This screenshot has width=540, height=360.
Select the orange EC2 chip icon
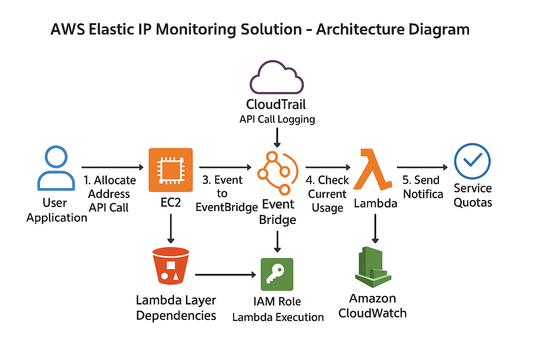click(x=171, y=170)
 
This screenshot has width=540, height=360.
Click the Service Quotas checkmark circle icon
click(x=472, y=161)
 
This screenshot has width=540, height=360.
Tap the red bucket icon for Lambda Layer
click(x=171, y=266)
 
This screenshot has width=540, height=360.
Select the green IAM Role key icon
click(x=277, y=274)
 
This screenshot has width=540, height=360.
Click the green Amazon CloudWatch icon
click(x=373, y=267)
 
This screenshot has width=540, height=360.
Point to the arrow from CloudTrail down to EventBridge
click(x=277, y=137)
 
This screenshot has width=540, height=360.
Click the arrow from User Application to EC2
click(x=112, y=167)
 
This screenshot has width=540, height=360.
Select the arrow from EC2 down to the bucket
click(x=171, y=229)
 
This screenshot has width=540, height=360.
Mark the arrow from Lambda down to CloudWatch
click(x=375, y=229)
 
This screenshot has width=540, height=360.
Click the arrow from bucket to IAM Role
click(x=225, y=275)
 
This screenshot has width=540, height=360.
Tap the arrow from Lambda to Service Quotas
click(x=422, y=167)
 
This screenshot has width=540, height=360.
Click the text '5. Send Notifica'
click(x=422, y=187)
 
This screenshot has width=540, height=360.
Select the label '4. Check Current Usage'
click(x=327, y=194)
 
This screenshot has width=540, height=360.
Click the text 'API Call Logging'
click(x=277, y=120)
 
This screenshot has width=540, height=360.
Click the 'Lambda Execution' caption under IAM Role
click(x=278, y=317)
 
